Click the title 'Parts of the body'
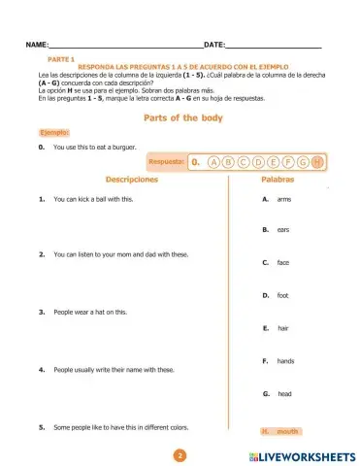coord(182,118)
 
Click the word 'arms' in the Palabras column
coord(283,199)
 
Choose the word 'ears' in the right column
coord(282,230)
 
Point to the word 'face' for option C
coord(282,262)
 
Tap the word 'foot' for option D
coord(282,295)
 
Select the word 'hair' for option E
coord(282,328)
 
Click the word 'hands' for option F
coord(284,361)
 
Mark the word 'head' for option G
coord(283,393)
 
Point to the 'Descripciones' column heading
coord(129,181)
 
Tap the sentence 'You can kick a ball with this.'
coord(93,199)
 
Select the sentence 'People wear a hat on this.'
coord(90,312)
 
